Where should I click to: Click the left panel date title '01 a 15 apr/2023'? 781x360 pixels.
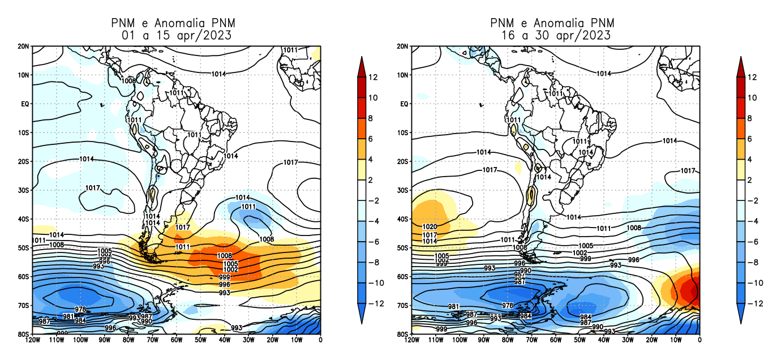177,35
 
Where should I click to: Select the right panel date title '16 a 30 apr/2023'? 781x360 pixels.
556,35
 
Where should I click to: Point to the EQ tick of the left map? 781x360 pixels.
24,104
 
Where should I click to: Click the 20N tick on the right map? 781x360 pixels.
402,46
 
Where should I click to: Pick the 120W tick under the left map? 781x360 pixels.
32,340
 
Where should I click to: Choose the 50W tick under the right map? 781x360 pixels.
579,340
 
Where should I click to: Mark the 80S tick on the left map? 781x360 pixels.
24,334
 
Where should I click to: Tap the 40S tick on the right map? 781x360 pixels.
402,218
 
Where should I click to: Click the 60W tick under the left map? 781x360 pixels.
176,340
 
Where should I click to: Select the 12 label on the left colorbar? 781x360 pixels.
374,77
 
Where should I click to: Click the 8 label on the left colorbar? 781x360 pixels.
371,118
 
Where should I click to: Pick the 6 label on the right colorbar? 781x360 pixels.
750,139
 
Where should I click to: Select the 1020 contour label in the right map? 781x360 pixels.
430,227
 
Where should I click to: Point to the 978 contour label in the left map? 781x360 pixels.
80,310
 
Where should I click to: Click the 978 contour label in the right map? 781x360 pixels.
508,306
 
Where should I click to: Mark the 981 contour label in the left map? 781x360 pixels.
68,316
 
